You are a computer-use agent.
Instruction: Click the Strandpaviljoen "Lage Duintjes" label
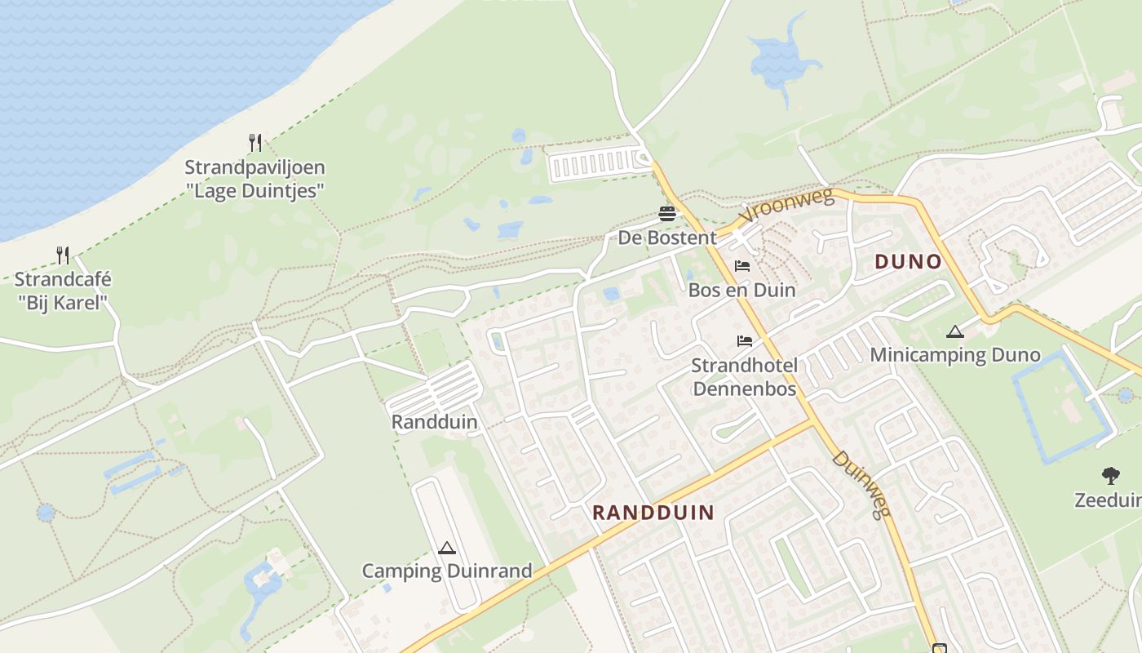[255, 179]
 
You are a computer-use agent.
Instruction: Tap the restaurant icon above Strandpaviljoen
[255, 143]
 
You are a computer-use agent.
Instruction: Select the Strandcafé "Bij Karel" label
[62, 291]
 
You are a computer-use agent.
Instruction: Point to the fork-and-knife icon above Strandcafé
[63, 255]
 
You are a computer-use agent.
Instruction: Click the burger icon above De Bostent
[667, 214]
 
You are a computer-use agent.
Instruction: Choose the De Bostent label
[667, 238]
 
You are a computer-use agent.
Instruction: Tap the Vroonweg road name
[786, 206]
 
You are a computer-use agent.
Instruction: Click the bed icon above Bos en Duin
[742, 266]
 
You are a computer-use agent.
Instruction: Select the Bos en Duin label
[741, 290]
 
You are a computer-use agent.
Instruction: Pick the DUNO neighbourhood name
[908, 262]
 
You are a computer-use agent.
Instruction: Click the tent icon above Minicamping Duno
[955, 331]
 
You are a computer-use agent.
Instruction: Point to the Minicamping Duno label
[954, 355]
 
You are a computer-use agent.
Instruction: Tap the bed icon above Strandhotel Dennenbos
[744, 340]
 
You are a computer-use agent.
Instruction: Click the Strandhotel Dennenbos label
[744, 376]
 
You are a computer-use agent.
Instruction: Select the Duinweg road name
[861, 484]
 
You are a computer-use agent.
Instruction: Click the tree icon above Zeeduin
[1110, 475]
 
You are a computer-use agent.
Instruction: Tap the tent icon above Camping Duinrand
[446, 548]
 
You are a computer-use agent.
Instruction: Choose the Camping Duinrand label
[447, 571]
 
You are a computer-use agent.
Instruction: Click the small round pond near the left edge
[46, 513]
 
